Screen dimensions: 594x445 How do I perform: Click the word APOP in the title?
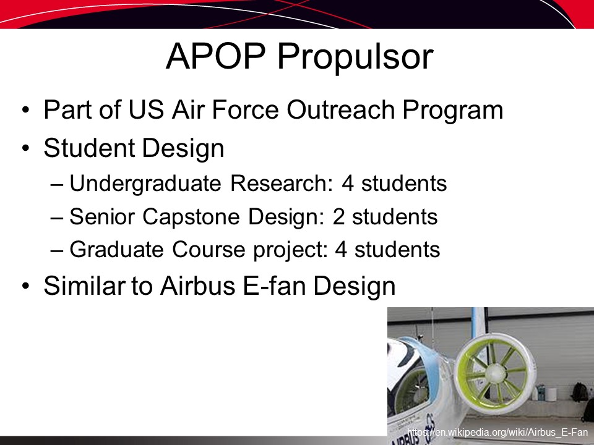(x=215, y=56)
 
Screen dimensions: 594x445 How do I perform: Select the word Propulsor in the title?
(x=355, y=57)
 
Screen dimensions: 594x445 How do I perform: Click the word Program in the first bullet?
(x=453, y=111)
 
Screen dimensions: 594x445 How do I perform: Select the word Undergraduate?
(x=145, y=184)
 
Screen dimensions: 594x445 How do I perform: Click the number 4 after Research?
(x=347, y=184)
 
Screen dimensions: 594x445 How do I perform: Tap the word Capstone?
(x=191, y=218)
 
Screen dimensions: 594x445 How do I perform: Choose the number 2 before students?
(x=338, y=217)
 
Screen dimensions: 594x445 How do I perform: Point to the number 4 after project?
(x=341, y=250)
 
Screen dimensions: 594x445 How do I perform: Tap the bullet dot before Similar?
(x=25, y=286)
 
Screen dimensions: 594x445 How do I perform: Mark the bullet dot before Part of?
(x=25, y=111)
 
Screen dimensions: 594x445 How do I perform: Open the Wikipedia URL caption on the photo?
(x=497, y=432)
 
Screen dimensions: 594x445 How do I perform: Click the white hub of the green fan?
(x=495, y=373)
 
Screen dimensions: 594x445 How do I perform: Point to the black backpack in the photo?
(x=579, y=392)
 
